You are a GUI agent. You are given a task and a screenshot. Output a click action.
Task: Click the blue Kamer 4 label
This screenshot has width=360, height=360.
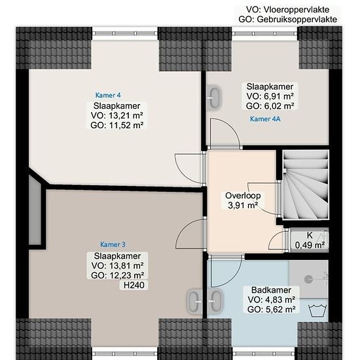108,95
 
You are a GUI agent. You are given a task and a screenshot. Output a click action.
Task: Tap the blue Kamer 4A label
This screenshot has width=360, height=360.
265,119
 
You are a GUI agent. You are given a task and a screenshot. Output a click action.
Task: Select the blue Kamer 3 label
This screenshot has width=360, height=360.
113,245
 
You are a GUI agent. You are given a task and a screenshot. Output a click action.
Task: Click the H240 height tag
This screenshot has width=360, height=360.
134,285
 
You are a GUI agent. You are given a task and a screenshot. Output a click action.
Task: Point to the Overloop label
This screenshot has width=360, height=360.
243,196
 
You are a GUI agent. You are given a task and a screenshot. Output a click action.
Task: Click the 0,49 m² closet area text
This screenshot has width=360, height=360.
310,245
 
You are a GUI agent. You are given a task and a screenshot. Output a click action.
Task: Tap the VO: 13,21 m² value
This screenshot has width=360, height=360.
117,115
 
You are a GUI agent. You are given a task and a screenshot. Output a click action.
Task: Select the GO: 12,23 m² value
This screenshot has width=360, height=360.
118,276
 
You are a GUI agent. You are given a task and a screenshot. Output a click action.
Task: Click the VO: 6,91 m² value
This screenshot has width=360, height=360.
270,96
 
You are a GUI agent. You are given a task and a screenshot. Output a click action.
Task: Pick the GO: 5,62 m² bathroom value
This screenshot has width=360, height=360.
272,310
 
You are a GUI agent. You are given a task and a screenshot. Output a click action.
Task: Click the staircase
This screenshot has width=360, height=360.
306,185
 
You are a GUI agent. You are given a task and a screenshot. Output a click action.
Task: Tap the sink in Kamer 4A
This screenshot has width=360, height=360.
215,98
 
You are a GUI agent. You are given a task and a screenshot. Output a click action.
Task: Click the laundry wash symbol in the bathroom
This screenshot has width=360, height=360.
317,310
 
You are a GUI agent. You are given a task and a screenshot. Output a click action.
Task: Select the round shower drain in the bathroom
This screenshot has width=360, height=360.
308,279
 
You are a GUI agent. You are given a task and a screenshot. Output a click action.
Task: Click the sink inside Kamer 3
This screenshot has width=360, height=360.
194,301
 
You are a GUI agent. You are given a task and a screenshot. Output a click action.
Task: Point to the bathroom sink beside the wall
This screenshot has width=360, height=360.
215,301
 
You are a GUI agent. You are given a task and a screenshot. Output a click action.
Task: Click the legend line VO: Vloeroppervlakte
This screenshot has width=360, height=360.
288,10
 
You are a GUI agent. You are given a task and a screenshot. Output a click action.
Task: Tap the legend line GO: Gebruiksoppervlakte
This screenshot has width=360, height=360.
288,20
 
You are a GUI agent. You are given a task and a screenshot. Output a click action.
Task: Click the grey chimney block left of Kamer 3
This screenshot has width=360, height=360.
35,209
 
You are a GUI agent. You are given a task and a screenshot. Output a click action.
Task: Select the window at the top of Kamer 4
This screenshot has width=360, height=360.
125,33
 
